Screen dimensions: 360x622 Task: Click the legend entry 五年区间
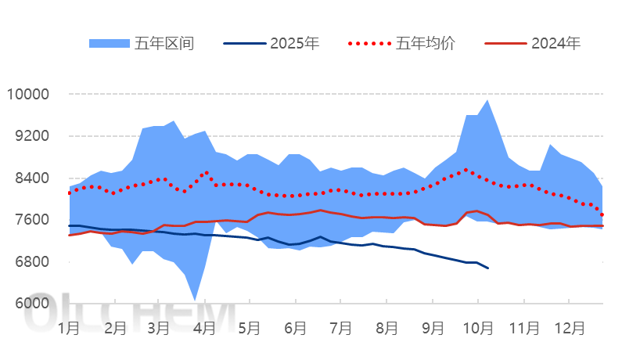pyautogui.click(x=164, y=43)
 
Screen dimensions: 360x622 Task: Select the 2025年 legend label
pyautogui.click(x=294, y=43)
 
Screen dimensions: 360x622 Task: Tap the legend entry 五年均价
pyautogui.click(x=426, y=43)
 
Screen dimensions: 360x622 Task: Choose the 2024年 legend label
pyautogui.click(x=555, y=43)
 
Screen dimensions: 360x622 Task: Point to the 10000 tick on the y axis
pyautogui.click(x=27, y=95)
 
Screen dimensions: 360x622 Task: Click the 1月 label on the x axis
pyautogui.click(x=69, y=328)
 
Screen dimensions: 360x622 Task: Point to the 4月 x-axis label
pyautogui.click(x=204, y=328)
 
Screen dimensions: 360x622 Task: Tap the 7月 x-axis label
pyautogui.click(x=340, y=328)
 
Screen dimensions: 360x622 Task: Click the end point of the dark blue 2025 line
pyautogui.click(x=488, y=268)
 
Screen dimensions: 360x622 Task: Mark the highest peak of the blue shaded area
pyautogui.click(x=488, y=99)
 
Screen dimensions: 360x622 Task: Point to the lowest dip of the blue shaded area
pyautogui.click(x=195, y=300)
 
